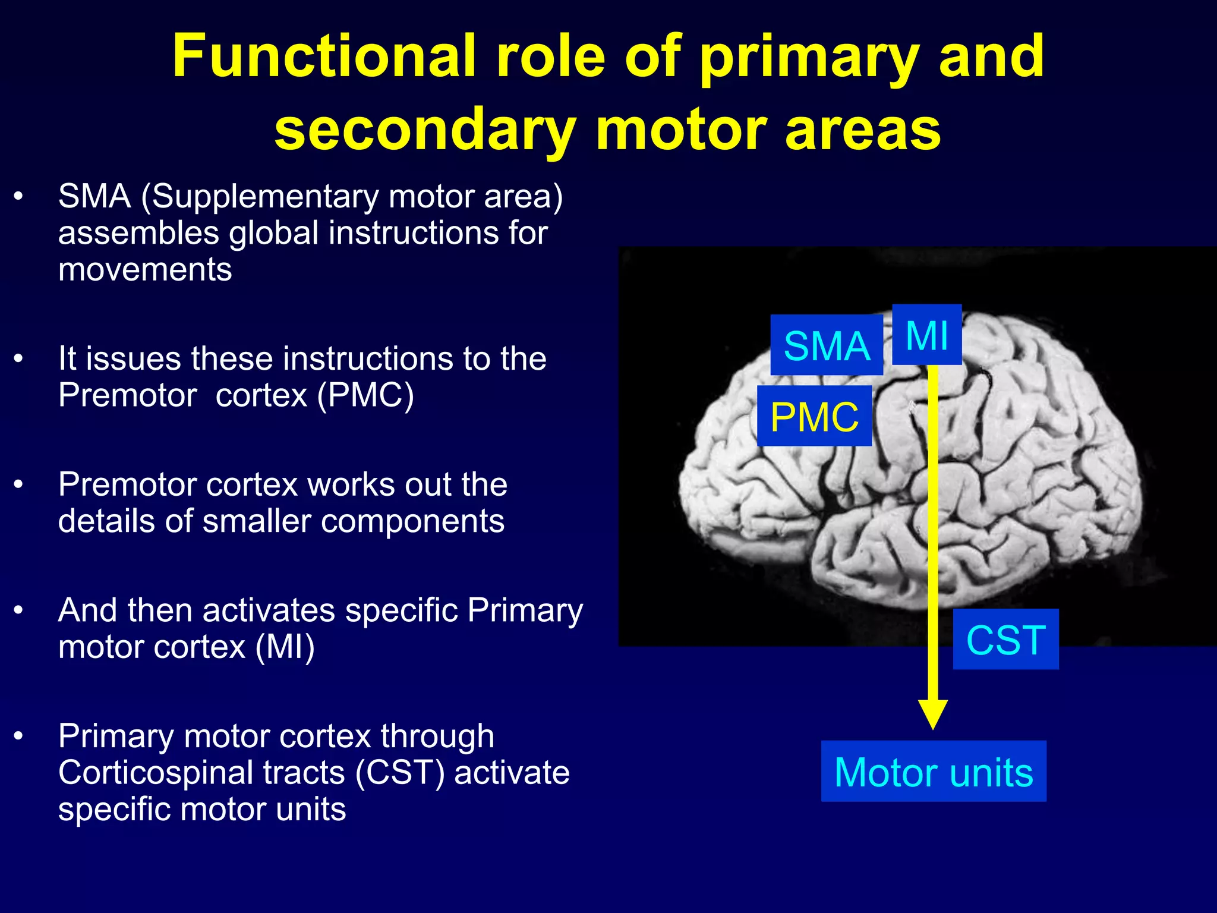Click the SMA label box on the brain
coord(827,345)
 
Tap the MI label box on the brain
coord(926,335)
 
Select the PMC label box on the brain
coord(814,416)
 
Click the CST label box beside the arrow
coord(1005,640)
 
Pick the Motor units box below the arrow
coord(934,772)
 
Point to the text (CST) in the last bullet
coord(400,772)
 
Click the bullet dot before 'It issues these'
coord(19,358)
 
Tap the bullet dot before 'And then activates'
coord(19,610)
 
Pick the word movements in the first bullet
coord(145,269)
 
